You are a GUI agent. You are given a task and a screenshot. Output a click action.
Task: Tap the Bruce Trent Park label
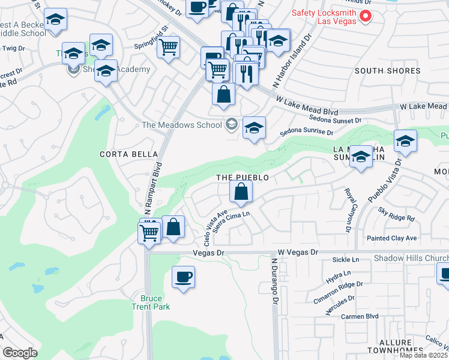point(155,302)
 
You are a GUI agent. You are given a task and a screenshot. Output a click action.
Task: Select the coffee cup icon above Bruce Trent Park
point(183,277)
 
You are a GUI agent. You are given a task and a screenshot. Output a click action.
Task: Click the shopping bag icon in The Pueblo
point(241,192)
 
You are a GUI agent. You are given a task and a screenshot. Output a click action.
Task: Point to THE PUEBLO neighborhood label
point(242,178)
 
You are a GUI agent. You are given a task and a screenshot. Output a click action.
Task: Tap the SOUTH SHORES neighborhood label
point(387,71)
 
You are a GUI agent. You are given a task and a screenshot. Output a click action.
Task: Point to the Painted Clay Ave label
point(391,238)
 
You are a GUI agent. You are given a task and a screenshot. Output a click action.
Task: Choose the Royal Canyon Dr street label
point(348,209)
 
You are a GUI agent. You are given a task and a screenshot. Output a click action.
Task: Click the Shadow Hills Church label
point(411,258)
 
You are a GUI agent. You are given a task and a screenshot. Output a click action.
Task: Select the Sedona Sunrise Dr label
point(305,132)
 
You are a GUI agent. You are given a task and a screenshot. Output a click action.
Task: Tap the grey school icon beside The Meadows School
point(230,125)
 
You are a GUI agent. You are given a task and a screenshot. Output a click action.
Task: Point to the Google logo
point(20,353)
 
